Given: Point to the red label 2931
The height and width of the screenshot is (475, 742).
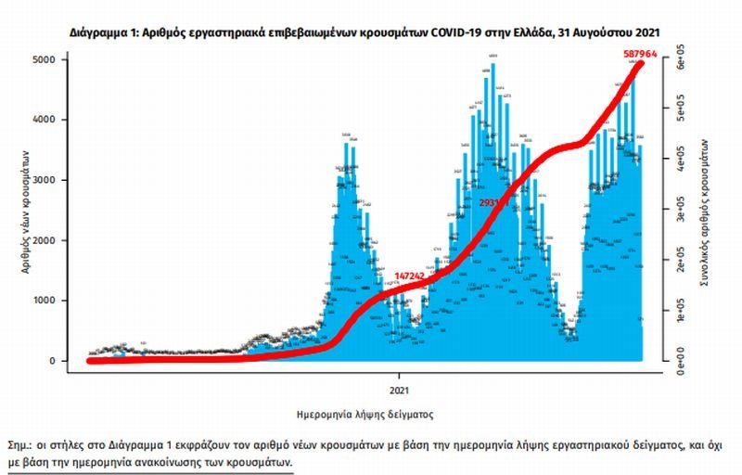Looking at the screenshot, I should pyautogui.click(x=490, y=201).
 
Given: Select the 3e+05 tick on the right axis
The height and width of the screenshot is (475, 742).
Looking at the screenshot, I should pyautogui.click(x=679, y=212).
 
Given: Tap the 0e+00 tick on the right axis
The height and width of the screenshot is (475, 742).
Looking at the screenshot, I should pyautogui.click(x=679, y=360).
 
